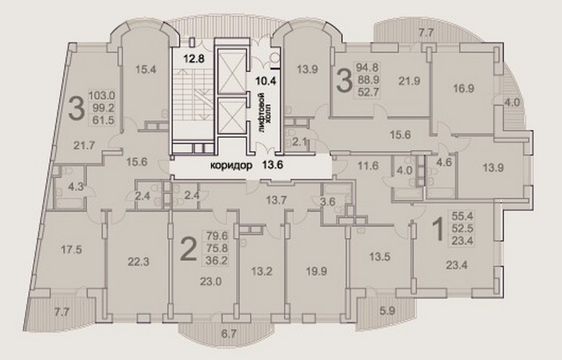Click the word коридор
pyautogui.click(x=231, y=165)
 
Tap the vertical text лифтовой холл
pyautogui.click(x=266, y=113)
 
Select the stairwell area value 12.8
pyautogui.click(x=194, y=58)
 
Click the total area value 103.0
pyautogui.click(x=101, y=95)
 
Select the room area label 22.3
pyautogui.click(x=139, y=262)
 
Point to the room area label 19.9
pyautogui.click(x=317, y=271)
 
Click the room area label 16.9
pyautogui.click(x=463, y=88)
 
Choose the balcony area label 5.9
pyautogui.click(x=387, y=311)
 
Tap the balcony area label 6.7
pyautogui.click(x=229, y=334)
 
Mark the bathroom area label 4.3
pyautogui.click(x=76, y=187)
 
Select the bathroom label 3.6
pyautogui.click(x=327, y=202)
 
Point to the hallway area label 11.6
pyautogui.click(x=368, y=166)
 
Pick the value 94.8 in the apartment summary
pyautogui.click(x=367, y=67)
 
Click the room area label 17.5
pyautogui.click(x=71, y=250)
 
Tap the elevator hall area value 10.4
pyautogui.click(x=265, y=81)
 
